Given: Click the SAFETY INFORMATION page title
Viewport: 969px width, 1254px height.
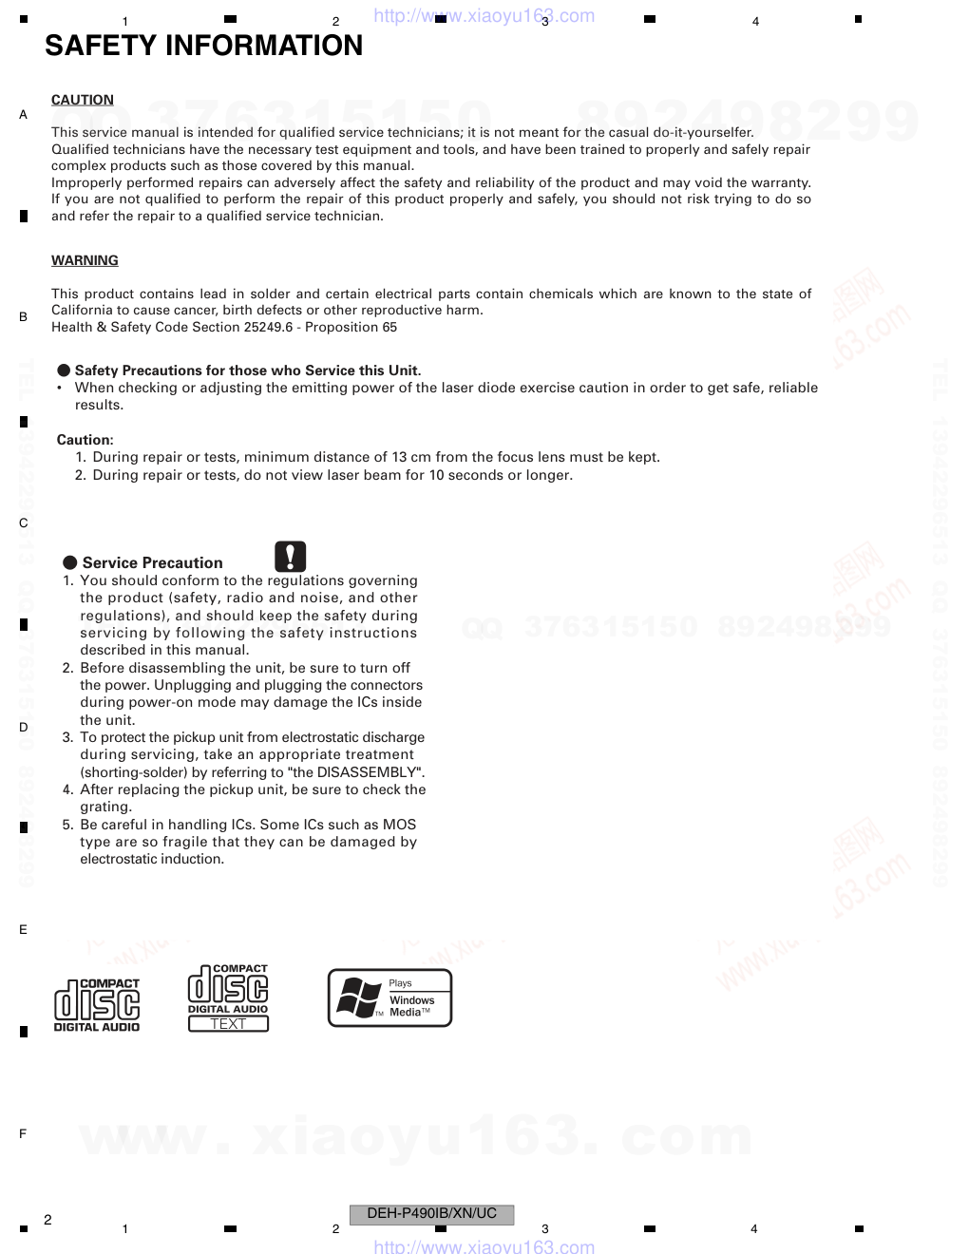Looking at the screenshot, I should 203,46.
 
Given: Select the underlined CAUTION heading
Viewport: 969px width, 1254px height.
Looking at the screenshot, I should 83,100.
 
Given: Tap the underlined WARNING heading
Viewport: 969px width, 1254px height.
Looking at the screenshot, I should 85,260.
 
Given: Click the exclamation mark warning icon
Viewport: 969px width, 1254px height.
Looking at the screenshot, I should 291,556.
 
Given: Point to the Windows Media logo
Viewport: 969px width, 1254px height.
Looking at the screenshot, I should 389,997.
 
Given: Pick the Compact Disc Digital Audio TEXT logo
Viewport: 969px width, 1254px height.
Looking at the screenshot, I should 228,997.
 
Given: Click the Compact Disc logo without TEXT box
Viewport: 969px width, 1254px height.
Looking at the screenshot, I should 97,1005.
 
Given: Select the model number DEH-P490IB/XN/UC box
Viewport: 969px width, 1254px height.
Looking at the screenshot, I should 432,1213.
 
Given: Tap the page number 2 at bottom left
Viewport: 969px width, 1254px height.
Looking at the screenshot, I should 47,1220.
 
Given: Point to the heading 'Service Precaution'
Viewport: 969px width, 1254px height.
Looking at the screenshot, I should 152,562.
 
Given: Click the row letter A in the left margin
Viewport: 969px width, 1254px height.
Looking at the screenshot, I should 24,115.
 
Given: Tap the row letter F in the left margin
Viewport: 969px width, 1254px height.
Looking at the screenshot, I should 23,1133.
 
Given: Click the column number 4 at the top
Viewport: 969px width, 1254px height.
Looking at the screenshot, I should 755,22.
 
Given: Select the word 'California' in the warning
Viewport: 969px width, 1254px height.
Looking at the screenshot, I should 83,311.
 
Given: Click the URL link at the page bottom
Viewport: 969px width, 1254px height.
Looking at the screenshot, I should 484,1246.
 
